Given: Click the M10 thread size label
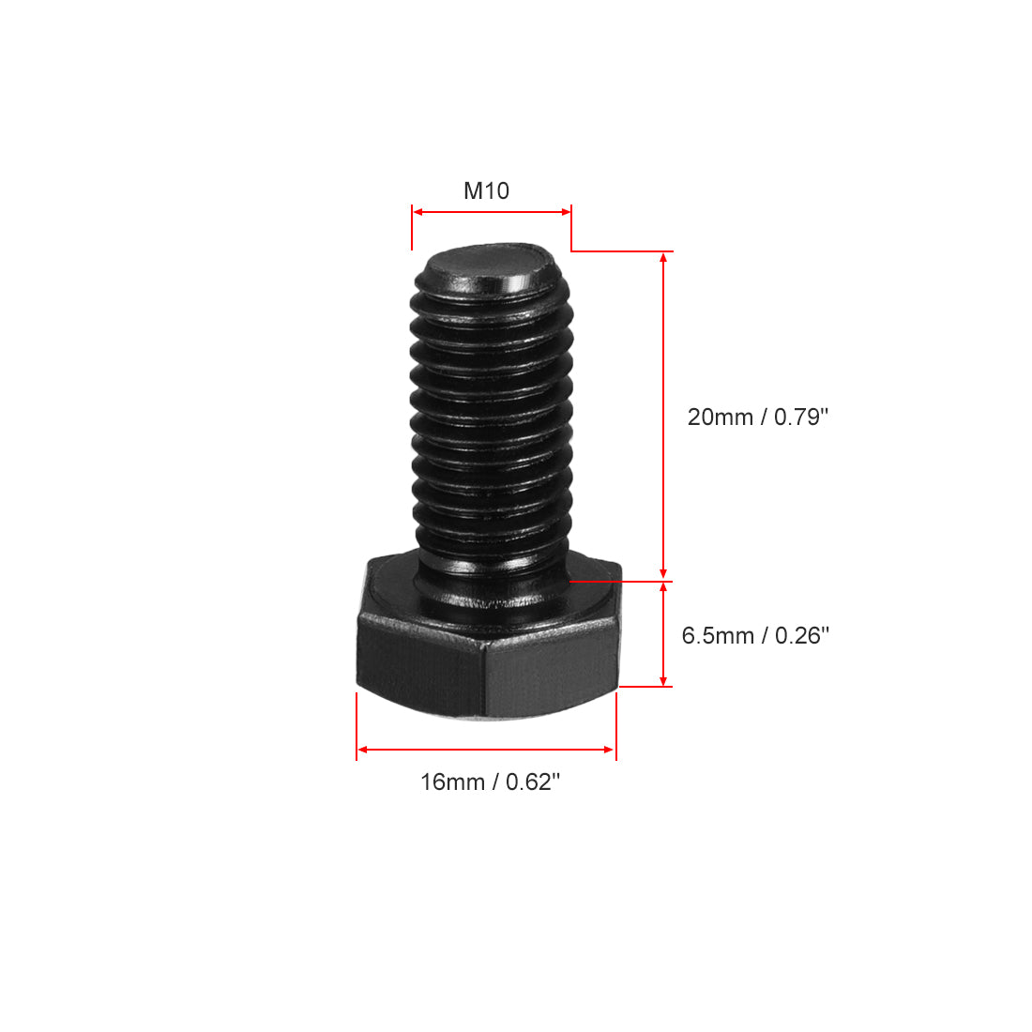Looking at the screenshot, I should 486,191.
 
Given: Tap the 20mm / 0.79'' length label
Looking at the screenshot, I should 758,417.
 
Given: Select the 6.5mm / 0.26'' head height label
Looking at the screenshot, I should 755,636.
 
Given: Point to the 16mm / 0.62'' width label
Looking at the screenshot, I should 490,782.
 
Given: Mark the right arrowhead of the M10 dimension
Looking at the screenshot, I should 566,212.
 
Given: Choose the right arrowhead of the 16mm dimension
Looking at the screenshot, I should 610,750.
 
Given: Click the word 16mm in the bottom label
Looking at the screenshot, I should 452,782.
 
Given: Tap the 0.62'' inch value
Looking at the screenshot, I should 533,782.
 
